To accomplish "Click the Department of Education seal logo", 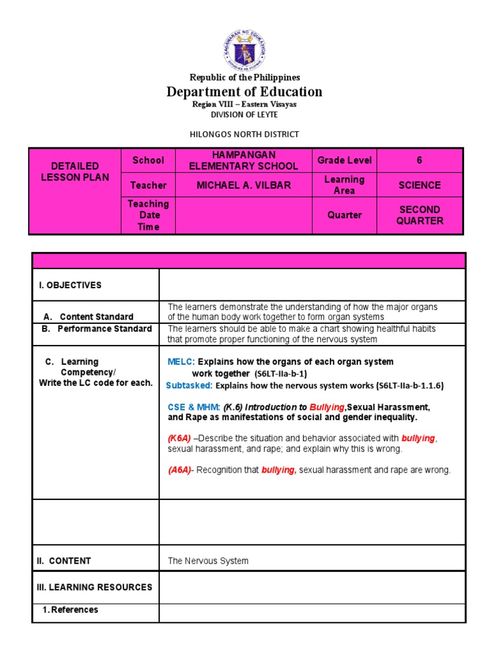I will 244,50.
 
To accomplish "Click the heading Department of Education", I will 244,92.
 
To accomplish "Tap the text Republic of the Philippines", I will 244,77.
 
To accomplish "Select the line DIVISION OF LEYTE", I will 244,115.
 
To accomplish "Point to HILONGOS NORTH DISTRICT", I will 244,134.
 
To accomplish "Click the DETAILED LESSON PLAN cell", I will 75,172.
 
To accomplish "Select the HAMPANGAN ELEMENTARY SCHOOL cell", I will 243,161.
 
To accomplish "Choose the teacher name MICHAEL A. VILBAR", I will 243,185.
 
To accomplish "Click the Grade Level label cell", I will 344,161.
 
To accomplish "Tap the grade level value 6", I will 420,161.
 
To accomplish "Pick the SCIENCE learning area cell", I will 420,185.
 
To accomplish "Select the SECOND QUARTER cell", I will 420,216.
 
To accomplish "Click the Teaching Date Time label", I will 148,216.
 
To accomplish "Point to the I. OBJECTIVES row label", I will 70,285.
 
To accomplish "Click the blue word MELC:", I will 181,362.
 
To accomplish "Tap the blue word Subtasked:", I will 189,386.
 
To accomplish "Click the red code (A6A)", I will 180,471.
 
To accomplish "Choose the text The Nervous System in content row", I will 208,561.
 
